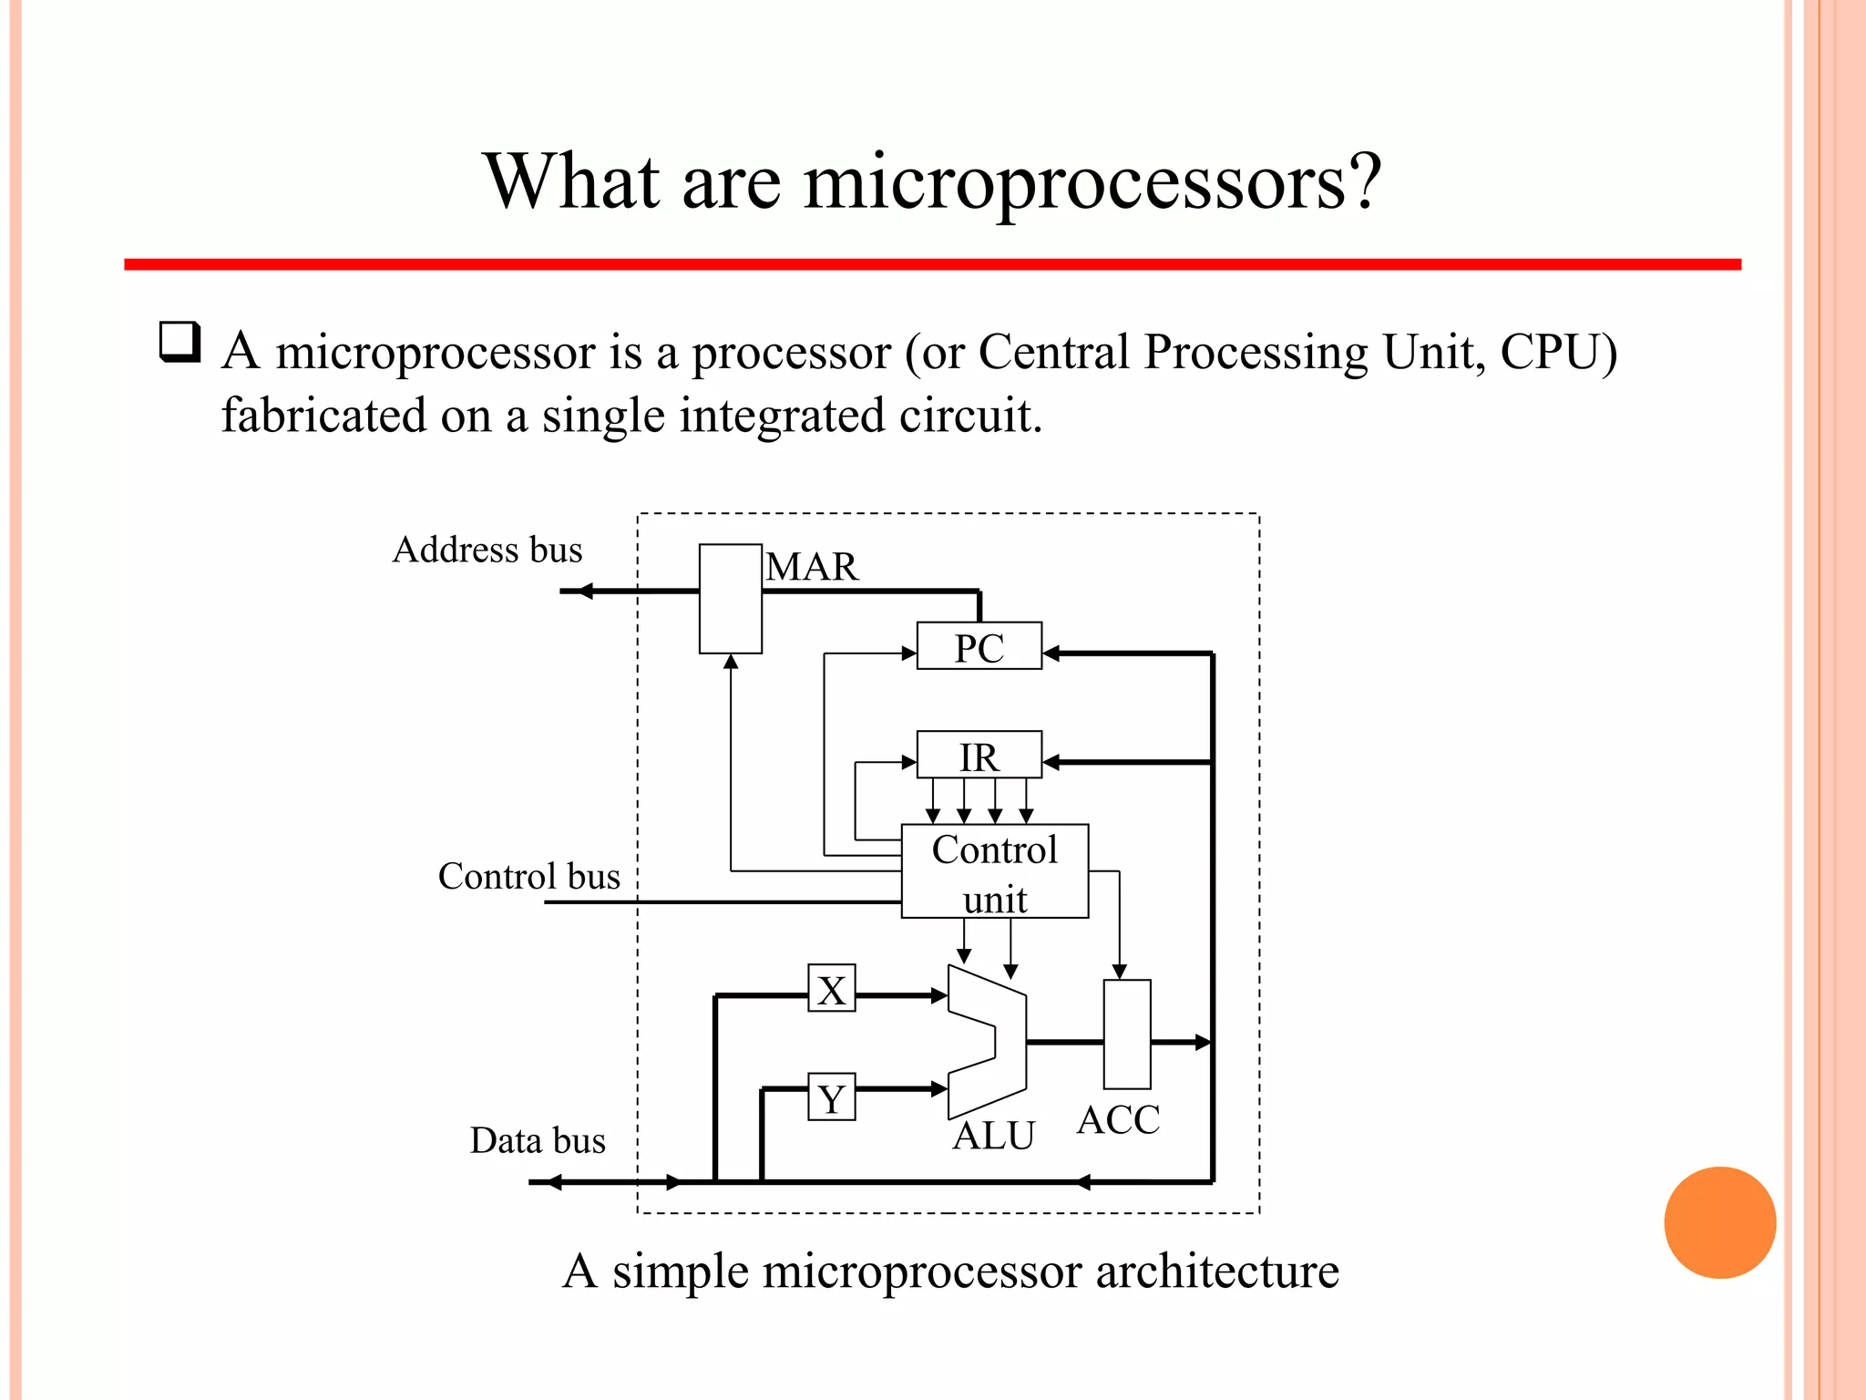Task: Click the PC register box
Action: [979, 646]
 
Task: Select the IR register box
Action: [979, 756]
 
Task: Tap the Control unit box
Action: [994, 871]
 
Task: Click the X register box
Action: [832, 989]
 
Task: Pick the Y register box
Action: [832, 1097]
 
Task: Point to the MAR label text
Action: [812, 567]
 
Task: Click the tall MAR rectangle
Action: [730, 599]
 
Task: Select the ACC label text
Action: [1118, 1119]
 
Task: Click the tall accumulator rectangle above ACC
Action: [1127, 1035]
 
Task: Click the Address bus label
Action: [487, 550]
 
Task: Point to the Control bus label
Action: [528, 876]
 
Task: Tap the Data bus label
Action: [538, 1140]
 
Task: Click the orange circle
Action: [1719, 1222]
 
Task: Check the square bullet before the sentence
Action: [179, 343]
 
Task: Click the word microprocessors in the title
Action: [1092, 181]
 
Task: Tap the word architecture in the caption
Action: [1217, 1271]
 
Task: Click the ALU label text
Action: [994, 1136]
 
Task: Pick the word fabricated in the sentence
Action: [323, 416]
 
